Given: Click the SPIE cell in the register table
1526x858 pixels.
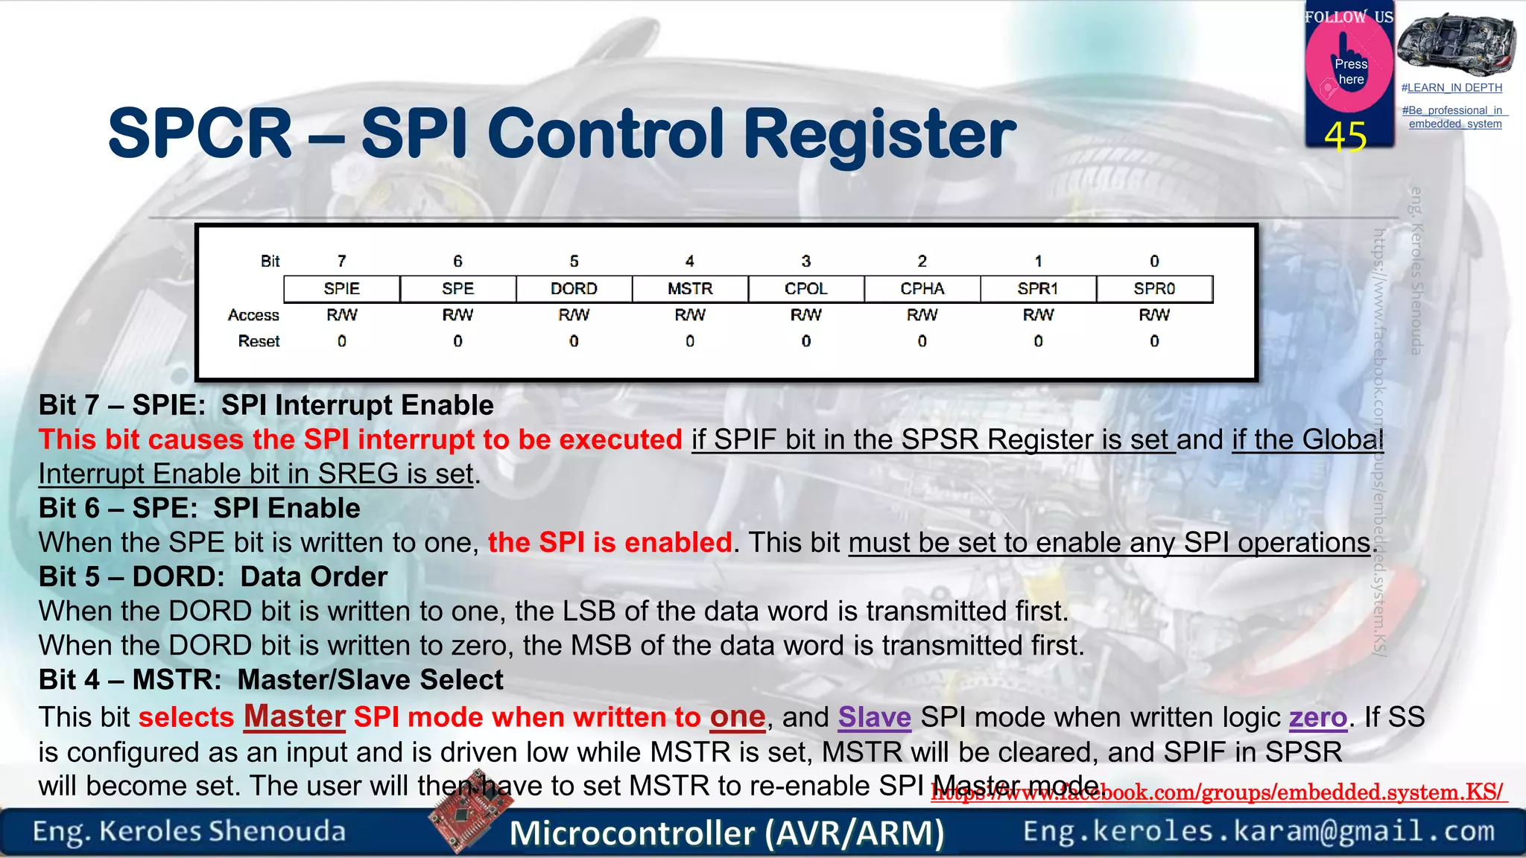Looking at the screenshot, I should point(341,289).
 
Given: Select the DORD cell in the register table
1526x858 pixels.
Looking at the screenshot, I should point(574,289).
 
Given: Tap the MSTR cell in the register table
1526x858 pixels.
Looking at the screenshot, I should point(690,289).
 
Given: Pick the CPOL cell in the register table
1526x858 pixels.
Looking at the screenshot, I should point(805,289).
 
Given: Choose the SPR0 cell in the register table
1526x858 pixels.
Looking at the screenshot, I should point(1154,289).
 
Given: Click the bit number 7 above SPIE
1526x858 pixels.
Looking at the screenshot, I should point(341,261).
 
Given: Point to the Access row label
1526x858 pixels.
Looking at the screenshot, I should point(253,315).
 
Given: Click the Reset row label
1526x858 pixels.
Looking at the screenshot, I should point(259,341).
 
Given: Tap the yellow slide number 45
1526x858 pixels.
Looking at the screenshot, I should point(1346,136).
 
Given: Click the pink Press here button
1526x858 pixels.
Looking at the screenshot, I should point(1349,71).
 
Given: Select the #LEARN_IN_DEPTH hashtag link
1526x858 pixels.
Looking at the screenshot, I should point(1451,88).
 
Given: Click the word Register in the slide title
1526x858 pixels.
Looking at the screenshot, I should point(879,134).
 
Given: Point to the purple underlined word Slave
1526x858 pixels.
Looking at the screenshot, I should point(874,717).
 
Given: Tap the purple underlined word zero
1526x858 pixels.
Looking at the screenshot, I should point(1317,717).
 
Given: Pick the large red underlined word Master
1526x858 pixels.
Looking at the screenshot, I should point(294,716).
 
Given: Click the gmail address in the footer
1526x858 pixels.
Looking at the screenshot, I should point(1259,831).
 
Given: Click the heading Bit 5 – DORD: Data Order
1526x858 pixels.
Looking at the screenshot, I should point(213,577).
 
